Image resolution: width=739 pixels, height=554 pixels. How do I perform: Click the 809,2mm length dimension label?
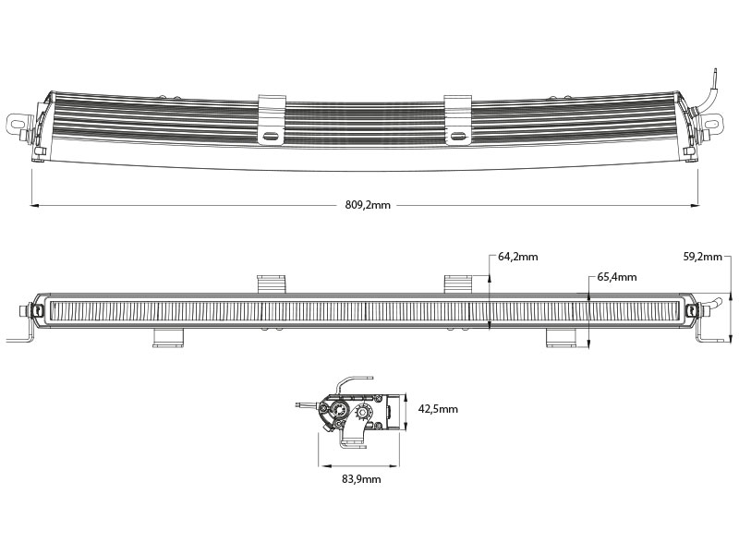pyautogui.click(x=368, y=205)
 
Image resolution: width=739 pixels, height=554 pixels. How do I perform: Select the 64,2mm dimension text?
pyautogui.click(x=518, y=257)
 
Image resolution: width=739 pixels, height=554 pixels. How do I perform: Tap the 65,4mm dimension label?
pyautogui.click(x=617, y=277)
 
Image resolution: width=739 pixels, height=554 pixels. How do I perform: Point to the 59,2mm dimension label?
pyautogui.click(x=703, y=257)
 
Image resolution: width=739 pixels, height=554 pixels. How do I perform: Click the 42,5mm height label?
pyautogui.click(x=438, y=409)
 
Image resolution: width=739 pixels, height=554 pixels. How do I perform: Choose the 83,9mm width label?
pyautogui.click(x=361, y=479)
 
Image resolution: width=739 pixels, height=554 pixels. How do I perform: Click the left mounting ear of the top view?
pyautogui.click(x=18, y=124)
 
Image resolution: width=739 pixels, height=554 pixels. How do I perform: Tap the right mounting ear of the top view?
pyautogui.click(x=711, y=125)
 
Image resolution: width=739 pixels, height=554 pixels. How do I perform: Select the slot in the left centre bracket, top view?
pyautogui.click(x=272, y=136)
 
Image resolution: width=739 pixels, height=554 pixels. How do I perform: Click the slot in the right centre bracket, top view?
pyautogui.click(x=457, y=136)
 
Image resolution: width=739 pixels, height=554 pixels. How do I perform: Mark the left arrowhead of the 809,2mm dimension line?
pyautogui.click(x=34, y=205)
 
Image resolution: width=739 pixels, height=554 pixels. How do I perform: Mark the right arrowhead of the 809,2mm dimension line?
pyautogui.click(x=695, y=205)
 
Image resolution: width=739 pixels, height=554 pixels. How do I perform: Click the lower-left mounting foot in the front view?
pyautogui.click(x=168, y=338)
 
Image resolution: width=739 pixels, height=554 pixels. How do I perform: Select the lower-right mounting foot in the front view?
pyautogui.click(x=562, y=338)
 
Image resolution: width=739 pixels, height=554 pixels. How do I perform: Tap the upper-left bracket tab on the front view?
pyautogui.click(x=272, y=283)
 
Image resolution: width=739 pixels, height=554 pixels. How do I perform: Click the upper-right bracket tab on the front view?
pyautogui.click(x=458, y=283)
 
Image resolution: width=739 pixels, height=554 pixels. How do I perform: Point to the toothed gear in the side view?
pyautogui.click(x=364, y=411)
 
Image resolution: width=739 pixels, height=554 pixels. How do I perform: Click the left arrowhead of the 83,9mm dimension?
pyautogui.click(x=321, y=466)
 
